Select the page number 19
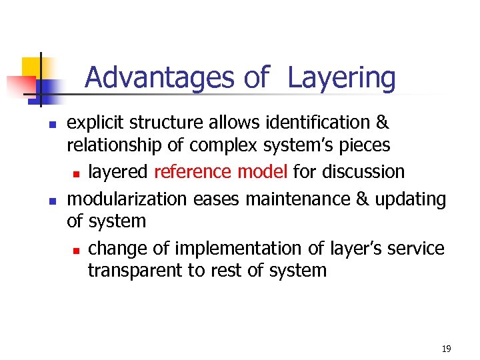pyautogui.click(x=446, y=349)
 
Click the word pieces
pyautogui.click(x=367, y=145)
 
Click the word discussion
pyautogui.click(x=363, y=171)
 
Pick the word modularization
pyautogui.click(x=128, y=199)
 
